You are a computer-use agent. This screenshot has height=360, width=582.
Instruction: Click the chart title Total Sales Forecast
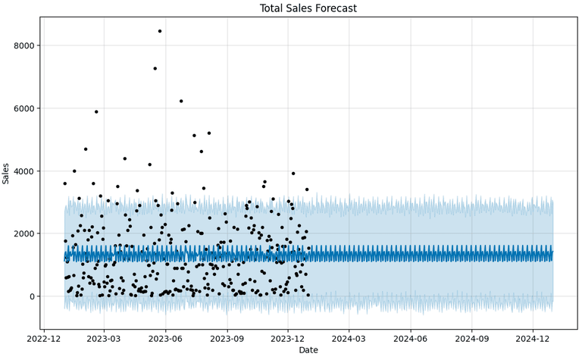coord(308,8)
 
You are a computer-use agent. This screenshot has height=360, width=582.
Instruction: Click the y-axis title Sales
coord(7,173)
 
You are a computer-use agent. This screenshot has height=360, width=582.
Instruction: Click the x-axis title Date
coord(308,350)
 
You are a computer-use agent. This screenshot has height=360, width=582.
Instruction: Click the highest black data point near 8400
coord(160,31)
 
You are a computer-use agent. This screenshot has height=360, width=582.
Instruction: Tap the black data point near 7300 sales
coord(155,68)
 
